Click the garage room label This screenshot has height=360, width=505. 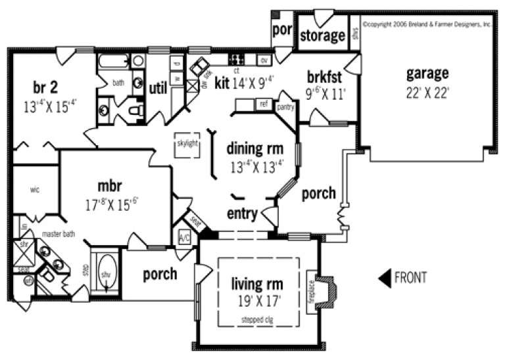point(427,74)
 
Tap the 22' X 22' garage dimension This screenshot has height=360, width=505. point(427,92)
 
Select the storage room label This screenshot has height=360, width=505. point(322,35)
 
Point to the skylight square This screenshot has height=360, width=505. point(187,144)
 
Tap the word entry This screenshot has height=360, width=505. point(242,214)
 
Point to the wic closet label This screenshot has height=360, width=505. point(35,189)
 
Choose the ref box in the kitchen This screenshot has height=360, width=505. point(264,104)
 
